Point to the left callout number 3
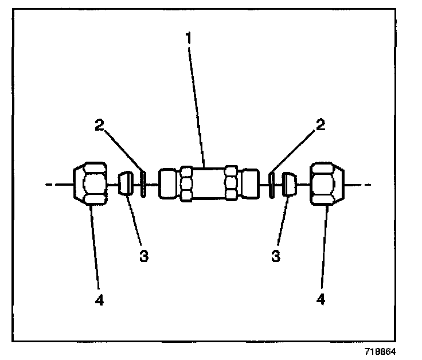(143, 257)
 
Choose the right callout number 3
(276, 257)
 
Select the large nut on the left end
(91, 184)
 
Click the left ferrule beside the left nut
(126, 185)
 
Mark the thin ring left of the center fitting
(143, 184)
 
